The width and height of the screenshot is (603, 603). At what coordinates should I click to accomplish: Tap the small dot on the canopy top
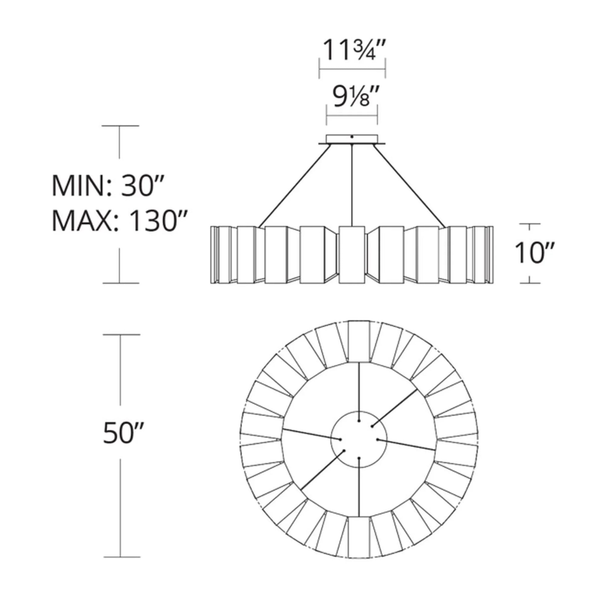click(352, 137)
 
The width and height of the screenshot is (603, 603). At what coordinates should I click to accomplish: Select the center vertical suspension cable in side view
click(352, 185)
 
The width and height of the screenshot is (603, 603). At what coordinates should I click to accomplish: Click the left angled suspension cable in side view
click(294, 186)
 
